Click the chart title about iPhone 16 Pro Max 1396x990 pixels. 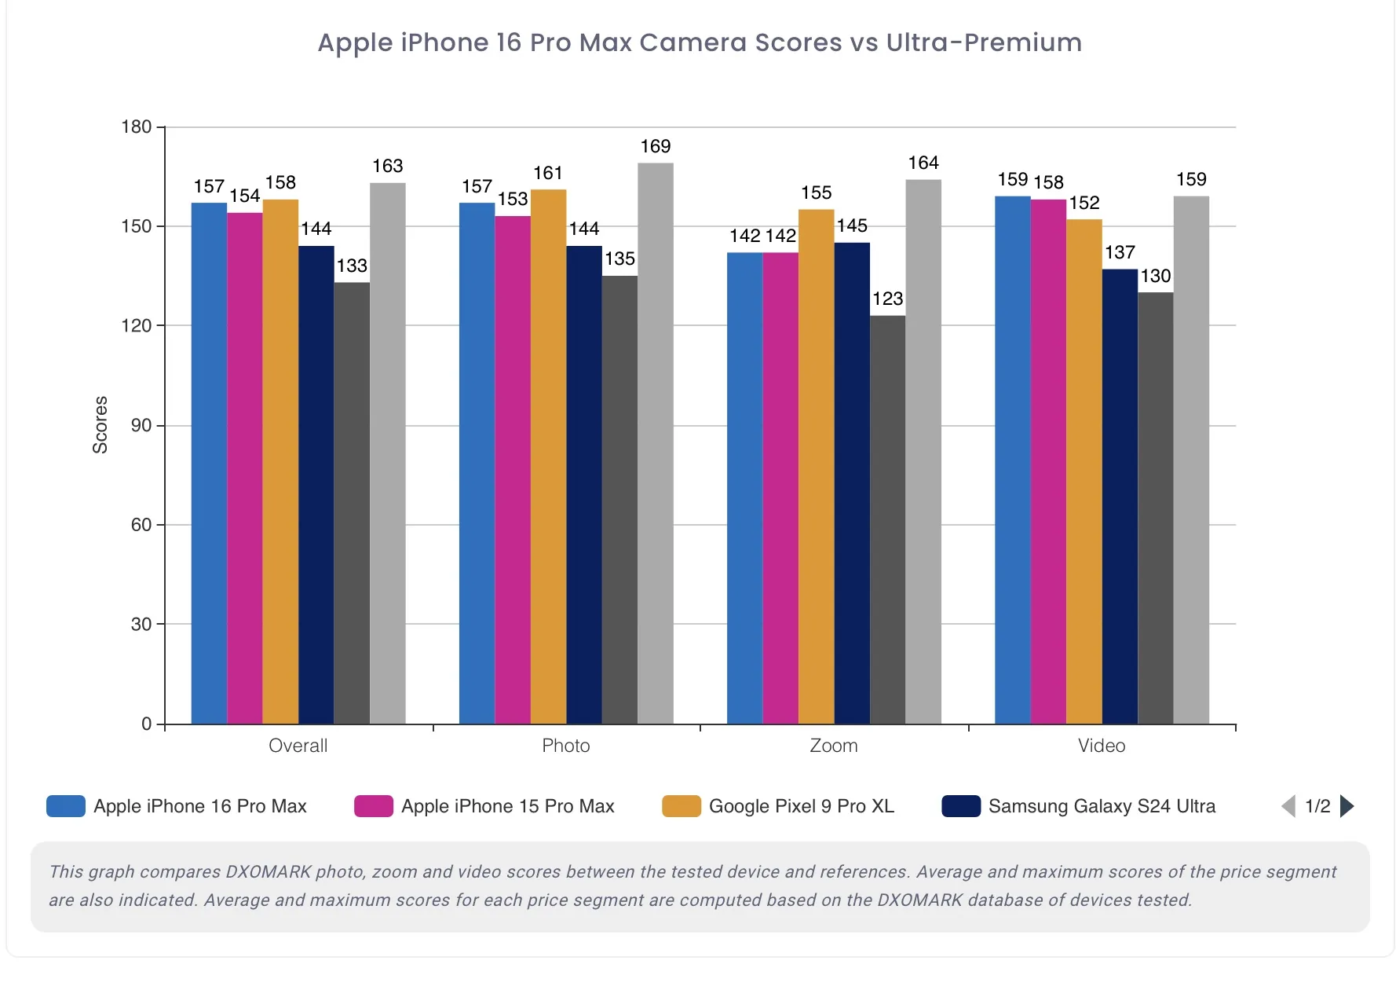pos(700,42)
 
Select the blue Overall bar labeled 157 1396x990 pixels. pos(209,463)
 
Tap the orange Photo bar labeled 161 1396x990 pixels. pos(548,456)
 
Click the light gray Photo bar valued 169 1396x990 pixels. pos(656,443)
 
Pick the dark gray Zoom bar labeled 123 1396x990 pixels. pos(887,519)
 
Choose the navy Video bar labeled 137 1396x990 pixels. pos(1120,496)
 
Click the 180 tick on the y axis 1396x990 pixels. pos(137,127)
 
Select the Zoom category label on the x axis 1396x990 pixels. pos(834,746)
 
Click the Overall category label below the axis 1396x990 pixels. pos(298,746)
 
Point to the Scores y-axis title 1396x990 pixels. pos(100,424)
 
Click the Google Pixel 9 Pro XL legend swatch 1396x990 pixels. pos(681,806)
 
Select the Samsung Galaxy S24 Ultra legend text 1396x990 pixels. pos(1102,806)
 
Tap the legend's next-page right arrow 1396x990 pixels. pos(1347,806)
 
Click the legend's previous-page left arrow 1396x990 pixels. pos(1288,806)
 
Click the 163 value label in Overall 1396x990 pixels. pos(387,166)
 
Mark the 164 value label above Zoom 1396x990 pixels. pos(923,163)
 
